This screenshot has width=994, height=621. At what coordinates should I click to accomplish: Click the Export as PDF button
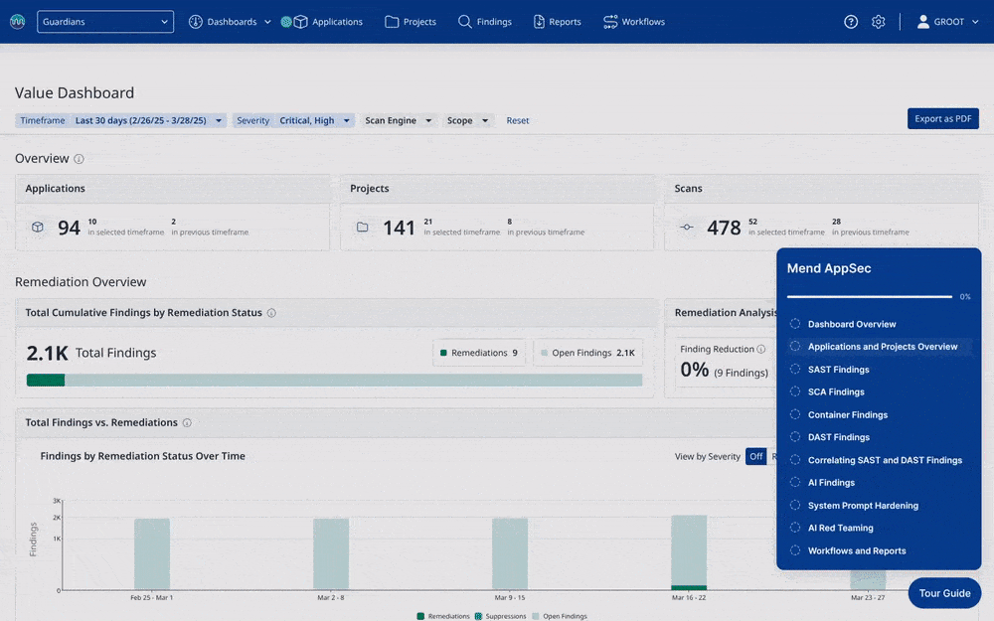pos(942,118)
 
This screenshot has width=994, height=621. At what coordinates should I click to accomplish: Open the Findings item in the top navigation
pos(485,22)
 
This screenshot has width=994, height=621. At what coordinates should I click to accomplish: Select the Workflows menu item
pos(634,22)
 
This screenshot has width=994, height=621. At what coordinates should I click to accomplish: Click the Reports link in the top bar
pos(558,22)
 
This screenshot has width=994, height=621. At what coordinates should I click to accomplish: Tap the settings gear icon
pos(878,22)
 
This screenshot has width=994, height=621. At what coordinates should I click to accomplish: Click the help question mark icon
pos(851,22)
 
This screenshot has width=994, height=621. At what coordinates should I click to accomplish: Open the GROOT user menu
pos(947,22)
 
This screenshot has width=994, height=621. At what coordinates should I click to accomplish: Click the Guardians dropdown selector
pos(105,22)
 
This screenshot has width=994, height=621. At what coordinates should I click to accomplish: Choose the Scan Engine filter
pos(399,120)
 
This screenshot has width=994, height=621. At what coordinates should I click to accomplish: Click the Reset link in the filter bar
pos(517,120)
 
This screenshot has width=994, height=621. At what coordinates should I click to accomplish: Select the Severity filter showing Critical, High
pos(293,120)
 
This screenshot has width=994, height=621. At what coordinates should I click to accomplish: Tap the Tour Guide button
pos(944,593)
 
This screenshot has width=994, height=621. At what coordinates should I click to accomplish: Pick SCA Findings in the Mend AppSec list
pos(836,391)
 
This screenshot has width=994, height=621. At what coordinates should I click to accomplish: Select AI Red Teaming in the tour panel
pos(840,528)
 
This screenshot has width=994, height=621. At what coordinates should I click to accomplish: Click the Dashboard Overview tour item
pos(852,324)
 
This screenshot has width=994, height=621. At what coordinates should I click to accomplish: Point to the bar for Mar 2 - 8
pos(331,553)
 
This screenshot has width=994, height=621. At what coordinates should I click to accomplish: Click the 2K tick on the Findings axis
pos(57,518)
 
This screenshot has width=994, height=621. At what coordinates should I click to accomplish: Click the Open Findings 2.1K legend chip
pos(587,353)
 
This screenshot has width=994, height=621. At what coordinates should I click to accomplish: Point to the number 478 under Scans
pos(724,228)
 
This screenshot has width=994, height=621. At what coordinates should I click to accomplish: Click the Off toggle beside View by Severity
pos(755,456)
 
